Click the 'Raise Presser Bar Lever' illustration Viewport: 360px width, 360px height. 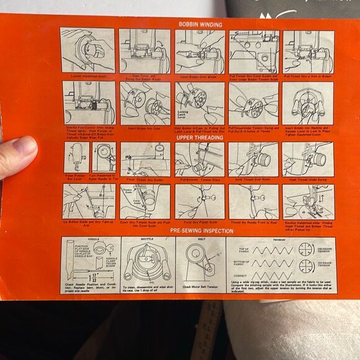coord(76,159)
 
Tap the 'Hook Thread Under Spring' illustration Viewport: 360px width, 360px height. coord(308,160)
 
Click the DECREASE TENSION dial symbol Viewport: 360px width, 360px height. coord(305,250)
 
